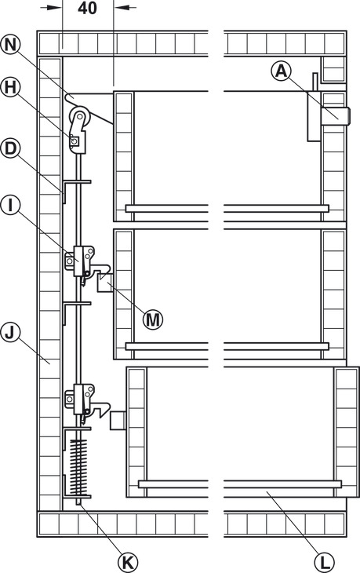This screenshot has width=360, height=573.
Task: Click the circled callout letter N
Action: point(11,45)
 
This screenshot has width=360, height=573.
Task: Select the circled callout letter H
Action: point(11,87)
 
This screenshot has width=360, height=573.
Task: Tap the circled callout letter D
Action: point(11,148)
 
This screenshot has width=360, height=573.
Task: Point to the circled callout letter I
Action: point(11,206)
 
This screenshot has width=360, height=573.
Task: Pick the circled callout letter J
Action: point(11,333)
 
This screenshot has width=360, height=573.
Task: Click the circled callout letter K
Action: point(128,562)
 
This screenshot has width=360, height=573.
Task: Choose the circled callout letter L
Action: point(324,562)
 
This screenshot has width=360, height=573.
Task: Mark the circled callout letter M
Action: point(153,319)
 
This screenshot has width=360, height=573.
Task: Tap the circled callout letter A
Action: point(281,70)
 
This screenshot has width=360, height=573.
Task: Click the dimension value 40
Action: point(87,8)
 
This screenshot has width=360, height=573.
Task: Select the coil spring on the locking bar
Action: point(78,467)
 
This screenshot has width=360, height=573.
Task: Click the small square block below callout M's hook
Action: point(105,283)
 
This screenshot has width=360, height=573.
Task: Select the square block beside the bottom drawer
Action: point(118,420)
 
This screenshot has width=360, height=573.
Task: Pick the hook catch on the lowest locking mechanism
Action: point(100,408)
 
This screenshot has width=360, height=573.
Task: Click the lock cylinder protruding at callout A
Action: point(336,116)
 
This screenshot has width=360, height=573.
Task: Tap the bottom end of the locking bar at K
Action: point(79,505)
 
